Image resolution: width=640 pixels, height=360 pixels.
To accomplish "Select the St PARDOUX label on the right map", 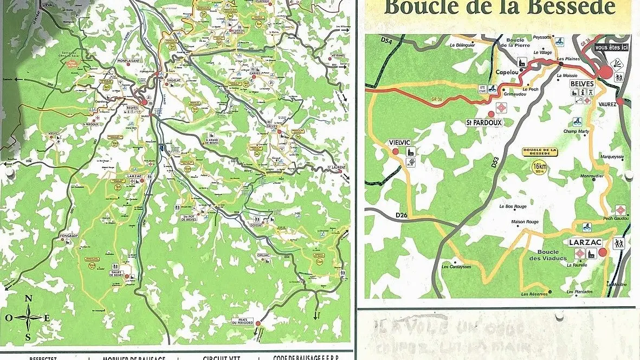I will pos(484,123).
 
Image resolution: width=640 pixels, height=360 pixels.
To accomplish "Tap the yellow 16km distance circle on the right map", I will pos(539,166).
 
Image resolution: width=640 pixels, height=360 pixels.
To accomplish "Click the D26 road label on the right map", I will pos(402,215).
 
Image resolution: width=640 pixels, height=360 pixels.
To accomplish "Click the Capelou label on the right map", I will pos(507,72).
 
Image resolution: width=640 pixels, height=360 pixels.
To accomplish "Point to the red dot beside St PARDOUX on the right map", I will pos(492,114).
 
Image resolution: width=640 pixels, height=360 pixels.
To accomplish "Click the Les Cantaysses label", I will pos(456,267).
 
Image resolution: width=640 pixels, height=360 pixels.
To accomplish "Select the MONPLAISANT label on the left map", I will pos(128,61).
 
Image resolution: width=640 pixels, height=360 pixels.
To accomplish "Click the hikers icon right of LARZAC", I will pos(618,244).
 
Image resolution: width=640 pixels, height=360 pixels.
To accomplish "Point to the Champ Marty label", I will pos(576,131).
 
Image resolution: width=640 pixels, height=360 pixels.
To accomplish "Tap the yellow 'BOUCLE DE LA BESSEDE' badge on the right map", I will pos(539,152).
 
